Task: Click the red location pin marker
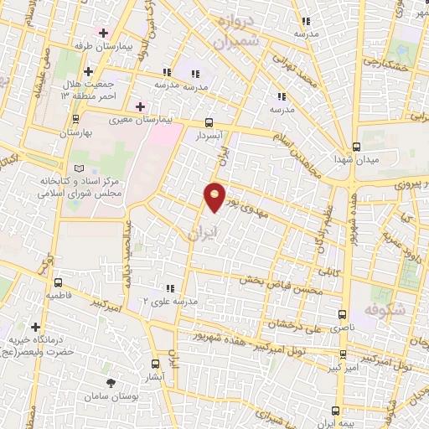click(x=215, y=196)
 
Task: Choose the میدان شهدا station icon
click(x=356, y=145)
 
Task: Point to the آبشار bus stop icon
click(x=155, y=363)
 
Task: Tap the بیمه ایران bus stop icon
click(x=336, y=411)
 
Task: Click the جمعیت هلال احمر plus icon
click(x=87, y=71)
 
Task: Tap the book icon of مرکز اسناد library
click(x=80, y=168)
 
